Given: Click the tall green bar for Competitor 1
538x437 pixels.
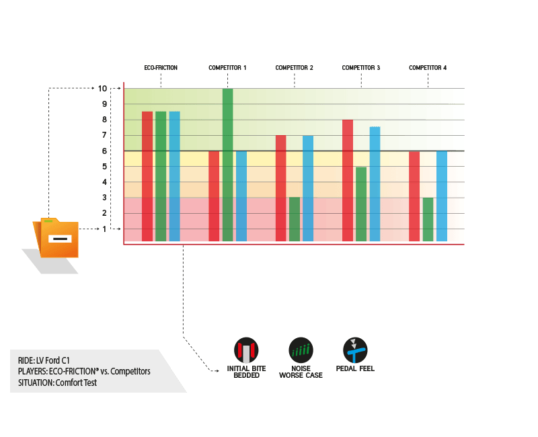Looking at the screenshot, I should click(227, 165).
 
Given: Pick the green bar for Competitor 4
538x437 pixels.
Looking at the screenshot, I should click(428, 219).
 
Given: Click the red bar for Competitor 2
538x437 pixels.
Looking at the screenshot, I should click(280, 188).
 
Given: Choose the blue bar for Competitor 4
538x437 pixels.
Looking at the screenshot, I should click(441, 196).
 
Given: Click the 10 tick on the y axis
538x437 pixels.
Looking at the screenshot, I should click(102, 88).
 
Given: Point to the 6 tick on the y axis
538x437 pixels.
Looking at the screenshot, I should click(104, 151).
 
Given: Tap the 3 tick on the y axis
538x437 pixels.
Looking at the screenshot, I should click(104, 198).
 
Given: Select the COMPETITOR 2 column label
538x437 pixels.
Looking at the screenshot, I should click(294, 68).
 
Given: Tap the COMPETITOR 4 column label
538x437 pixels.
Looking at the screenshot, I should click(428, 68).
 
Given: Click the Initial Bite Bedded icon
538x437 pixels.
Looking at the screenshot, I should click(245, 350).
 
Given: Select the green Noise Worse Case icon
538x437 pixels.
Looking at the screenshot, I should click(301, 350).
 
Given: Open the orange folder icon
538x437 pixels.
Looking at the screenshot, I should click(57, 238).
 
